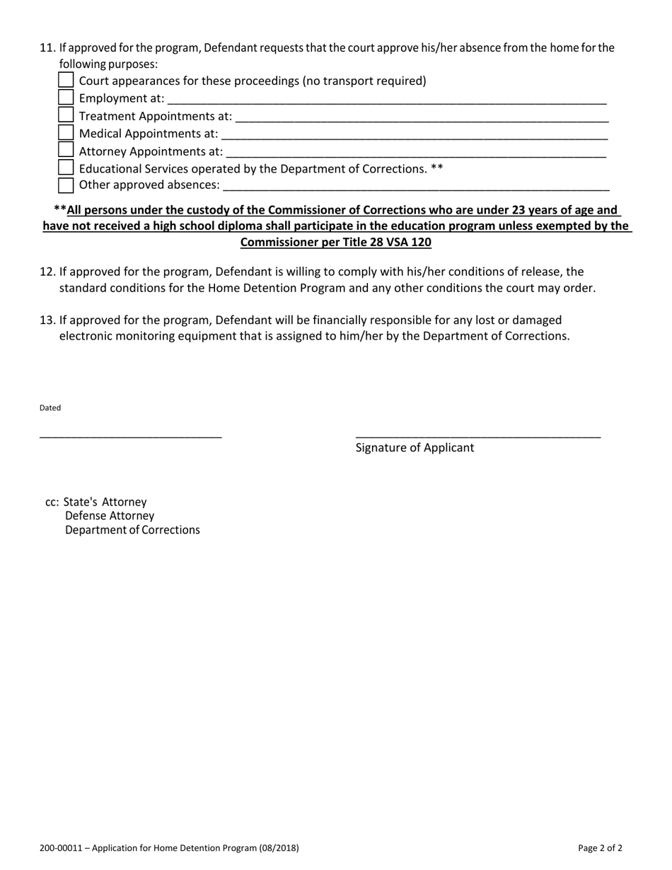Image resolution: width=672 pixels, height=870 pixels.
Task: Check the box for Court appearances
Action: tap(66, 80)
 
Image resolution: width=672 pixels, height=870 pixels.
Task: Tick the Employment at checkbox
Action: tap(66, 98)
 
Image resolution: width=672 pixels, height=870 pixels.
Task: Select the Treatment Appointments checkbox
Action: tap(66, 115)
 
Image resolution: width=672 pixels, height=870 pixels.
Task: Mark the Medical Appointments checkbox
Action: tap(66, 133)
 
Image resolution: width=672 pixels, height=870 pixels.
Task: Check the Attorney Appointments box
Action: tap(66, 151)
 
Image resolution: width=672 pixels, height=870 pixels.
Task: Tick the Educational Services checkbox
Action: tap(66, 168)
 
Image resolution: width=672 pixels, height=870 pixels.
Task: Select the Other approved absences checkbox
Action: tap(66, 185)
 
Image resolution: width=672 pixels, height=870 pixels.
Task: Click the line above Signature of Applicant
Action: tap(477, 435)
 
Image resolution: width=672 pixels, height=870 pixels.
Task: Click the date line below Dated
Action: tap(131, 435)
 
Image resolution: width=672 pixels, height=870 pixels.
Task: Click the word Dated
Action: tap(50, 408)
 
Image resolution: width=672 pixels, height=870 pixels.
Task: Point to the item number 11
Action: tap(47, 48)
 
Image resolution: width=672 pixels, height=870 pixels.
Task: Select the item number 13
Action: tap(47, 320)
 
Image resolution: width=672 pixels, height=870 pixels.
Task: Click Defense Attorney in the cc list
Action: tap(110, 516)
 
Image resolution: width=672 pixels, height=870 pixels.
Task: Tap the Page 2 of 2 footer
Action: tap(600, 848)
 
